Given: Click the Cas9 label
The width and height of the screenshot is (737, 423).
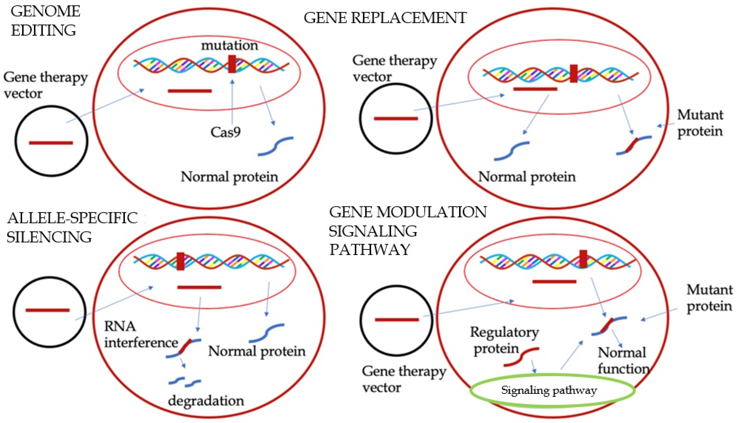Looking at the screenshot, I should point(226,132).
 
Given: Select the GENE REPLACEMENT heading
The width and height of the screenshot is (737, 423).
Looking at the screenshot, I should point(385,18).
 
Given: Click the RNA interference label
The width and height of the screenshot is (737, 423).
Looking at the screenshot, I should point(141,335).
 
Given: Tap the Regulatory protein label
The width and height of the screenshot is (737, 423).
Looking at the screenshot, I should point(504,340).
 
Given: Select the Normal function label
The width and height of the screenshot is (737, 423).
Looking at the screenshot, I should point(623,361).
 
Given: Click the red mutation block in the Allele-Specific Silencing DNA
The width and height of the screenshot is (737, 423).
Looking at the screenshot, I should point(180,261).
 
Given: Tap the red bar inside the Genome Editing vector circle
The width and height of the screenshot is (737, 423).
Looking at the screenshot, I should point(51,143).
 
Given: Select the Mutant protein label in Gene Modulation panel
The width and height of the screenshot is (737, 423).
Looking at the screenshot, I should point(709,298).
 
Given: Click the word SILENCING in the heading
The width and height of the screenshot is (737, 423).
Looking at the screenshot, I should point(49,237).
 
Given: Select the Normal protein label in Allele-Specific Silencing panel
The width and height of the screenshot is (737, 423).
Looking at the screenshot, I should point(257,351).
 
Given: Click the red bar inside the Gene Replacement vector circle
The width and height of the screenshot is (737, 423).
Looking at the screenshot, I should point(396,118).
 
